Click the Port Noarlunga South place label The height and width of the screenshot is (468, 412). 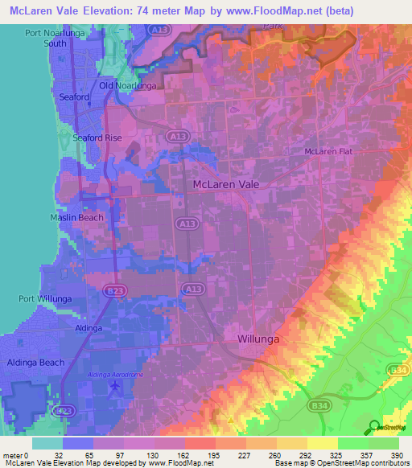(56, 38)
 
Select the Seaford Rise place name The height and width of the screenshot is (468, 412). (97, 138)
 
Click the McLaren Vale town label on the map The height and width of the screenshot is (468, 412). (231, 184)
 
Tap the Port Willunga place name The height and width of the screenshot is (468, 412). (46, 298)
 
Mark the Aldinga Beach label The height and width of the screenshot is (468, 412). (35, 363)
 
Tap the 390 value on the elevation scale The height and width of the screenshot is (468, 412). (398, 455)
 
